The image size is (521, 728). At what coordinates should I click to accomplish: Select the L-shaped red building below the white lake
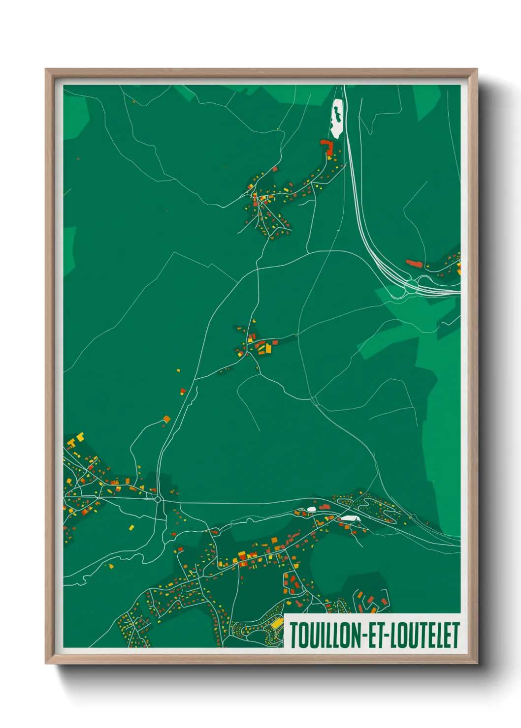[328, 147]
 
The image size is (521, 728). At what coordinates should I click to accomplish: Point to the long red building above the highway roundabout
[414, 264]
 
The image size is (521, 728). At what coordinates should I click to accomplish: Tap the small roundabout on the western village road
[158, 499]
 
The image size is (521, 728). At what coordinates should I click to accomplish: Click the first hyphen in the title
[364, 636]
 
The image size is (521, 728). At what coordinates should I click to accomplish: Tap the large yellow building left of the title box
[277, 624]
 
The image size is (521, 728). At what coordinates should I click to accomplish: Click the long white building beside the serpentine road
[350, 518]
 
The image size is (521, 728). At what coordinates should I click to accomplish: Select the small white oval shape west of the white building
[311, 509]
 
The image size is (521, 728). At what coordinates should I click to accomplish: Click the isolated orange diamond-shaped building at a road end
[166, 419]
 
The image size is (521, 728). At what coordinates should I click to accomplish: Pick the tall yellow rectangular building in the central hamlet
[268, 348]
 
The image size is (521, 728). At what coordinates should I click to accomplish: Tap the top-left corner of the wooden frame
[47, 70]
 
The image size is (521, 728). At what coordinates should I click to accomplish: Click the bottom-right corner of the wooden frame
[476, 663]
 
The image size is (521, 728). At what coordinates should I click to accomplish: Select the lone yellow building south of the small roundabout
[131, 527]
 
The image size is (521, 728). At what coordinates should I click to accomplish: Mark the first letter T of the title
[294, 635]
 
